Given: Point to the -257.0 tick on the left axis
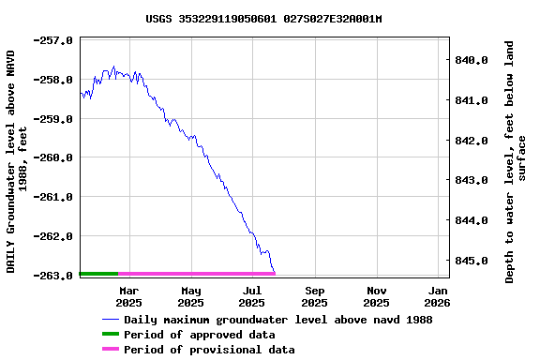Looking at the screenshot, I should pyautogui.click(x=54, y=40).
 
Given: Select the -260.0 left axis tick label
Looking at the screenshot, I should pyautogui.click(x=54, y=157).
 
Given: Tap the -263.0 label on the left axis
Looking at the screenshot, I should pyautogui.click(x=54, y=276).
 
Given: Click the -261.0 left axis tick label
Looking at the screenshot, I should pyautogui.click(x=54, y=197).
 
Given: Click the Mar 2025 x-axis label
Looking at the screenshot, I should pyautogui.click(x=129, y=296).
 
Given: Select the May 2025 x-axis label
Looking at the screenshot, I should pyautogui.click(x=190, y=296).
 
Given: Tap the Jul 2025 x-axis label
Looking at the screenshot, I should pyautogui.click(x=252, y=296).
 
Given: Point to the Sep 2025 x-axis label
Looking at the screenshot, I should pyautogui.click(x=315, y=296).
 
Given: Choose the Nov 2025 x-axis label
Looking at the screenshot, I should pyautogui.click(x=376, y=296).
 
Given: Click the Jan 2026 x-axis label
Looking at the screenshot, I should pyautogui.click(x=438, y=296).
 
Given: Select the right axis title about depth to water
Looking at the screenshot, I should pyautogui.click(x=517, y=161).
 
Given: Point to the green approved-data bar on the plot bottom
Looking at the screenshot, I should pyautogui.click(x=99, y=274).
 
